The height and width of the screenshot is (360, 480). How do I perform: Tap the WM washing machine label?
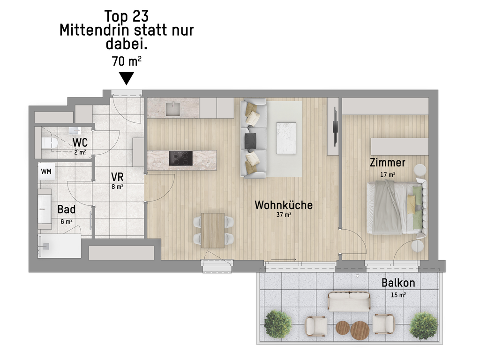[46, 172]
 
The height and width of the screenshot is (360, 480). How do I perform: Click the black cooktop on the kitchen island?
[181, 158]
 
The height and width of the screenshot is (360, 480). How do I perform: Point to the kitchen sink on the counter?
[173, 109]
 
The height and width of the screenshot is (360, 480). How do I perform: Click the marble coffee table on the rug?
[286, 138]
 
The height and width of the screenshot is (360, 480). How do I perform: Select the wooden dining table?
[213, 231]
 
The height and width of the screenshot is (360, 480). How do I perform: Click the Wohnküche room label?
[284, 205]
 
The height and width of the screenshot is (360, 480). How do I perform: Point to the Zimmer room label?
[388, 163]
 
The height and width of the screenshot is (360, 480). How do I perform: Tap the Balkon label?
[398, 283]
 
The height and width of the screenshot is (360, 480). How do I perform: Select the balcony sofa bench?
[349, 302]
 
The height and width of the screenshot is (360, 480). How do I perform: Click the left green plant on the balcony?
[278, 324]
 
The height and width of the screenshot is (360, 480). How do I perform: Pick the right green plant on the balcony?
[424, 326]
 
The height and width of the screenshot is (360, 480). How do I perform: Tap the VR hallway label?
[117, 177]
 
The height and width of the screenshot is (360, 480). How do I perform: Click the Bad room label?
[67, 210]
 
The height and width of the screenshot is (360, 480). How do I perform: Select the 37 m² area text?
[284, 215]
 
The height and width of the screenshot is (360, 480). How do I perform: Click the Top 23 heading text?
[127, 16]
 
